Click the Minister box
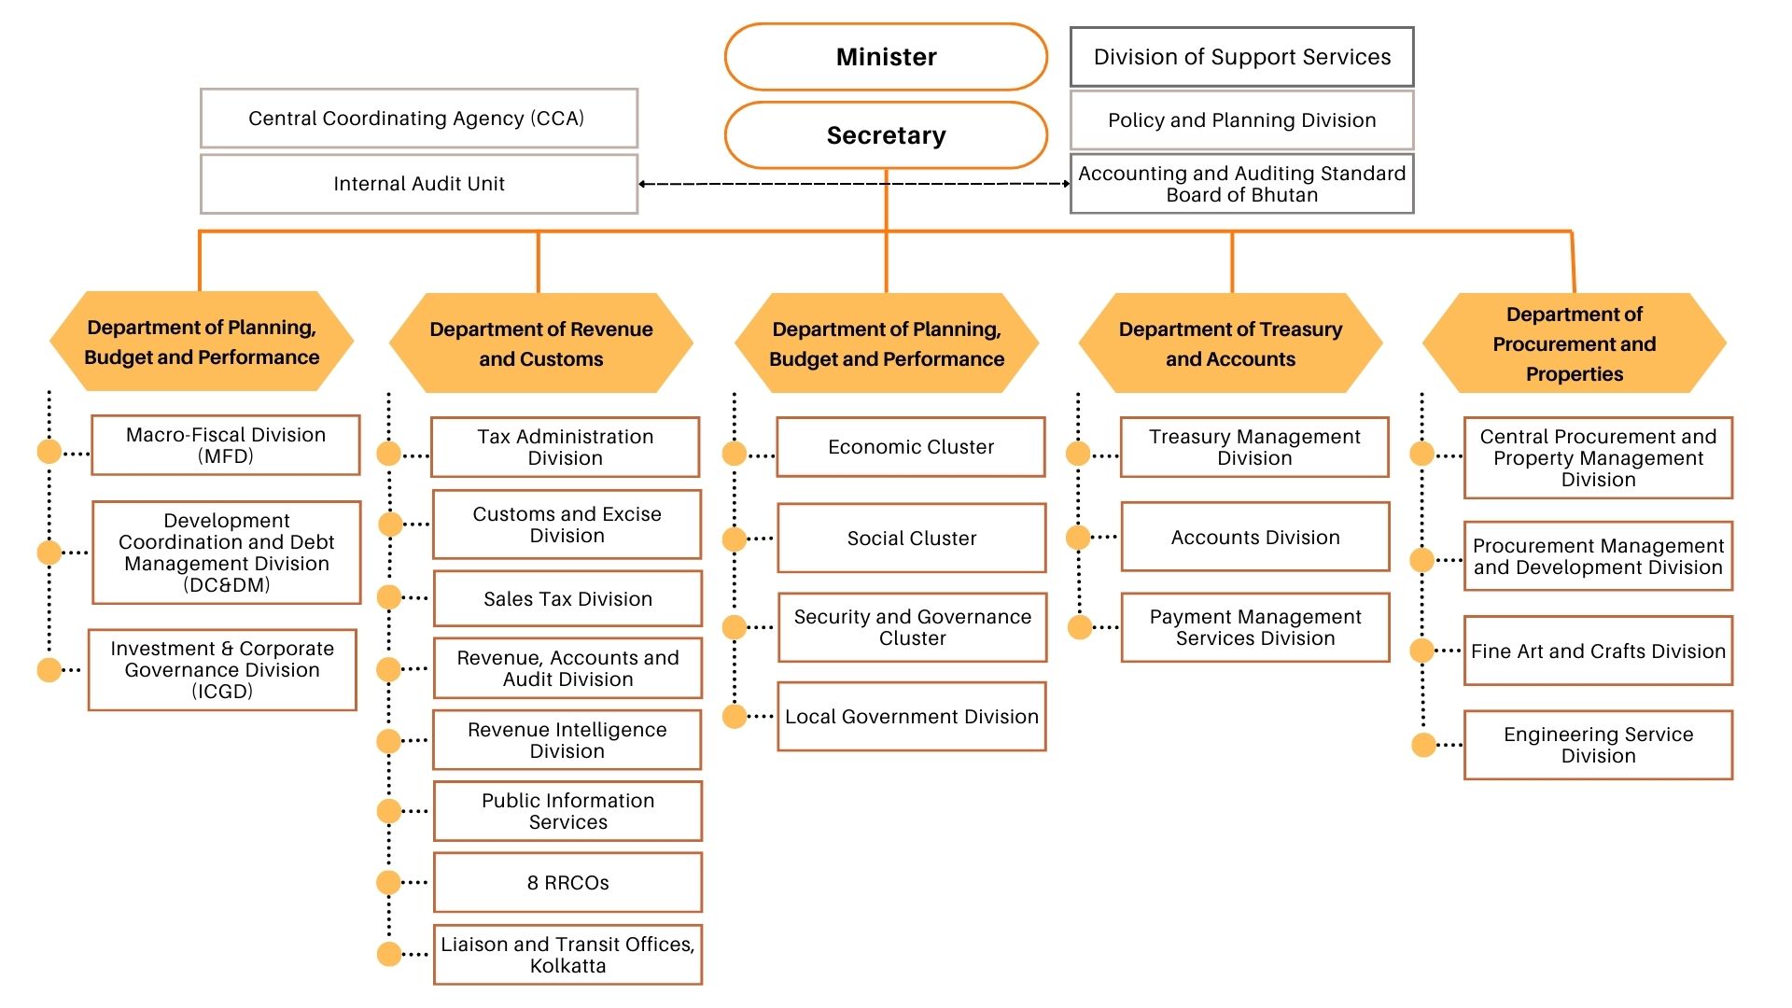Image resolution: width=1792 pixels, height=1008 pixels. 886,57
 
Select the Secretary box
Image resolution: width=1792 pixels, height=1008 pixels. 886,135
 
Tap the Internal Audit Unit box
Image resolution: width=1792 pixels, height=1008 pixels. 419,184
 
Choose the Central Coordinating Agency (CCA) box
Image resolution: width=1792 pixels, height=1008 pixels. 419,119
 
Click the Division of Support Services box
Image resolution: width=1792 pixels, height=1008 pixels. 1241,57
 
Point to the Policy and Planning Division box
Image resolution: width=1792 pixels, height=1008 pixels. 1241,120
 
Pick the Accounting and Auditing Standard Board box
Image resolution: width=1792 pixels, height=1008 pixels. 1241,184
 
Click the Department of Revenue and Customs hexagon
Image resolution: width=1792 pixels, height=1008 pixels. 540,343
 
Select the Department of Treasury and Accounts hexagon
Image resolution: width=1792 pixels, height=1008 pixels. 1230,343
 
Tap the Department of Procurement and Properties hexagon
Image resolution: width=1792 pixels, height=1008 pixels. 1574,343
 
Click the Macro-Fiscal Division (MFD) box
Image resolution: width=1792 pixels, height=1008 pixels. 226,445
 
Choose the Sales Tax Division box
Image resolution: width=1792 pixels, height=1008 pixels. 567,599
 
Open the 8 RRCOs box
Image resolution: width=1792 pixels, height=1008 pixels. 567,883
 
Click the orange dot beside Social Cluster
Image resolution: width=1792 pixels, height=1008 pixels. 735,539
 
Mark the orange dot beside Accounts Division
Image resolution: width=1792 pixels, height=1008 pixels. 1078,537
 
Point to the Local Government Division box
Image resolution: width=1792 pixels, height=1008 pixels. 912,717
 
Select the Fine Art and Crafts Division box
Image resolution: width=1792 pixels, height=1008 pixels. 1598,651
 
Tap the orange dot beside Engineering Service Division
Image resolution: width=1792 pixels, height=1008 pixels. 1423,745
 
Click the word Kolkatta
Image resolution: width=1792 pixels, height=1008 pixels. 567,967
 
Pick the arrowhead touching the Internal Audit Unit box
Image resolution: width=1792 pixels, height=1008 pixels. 643,184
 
